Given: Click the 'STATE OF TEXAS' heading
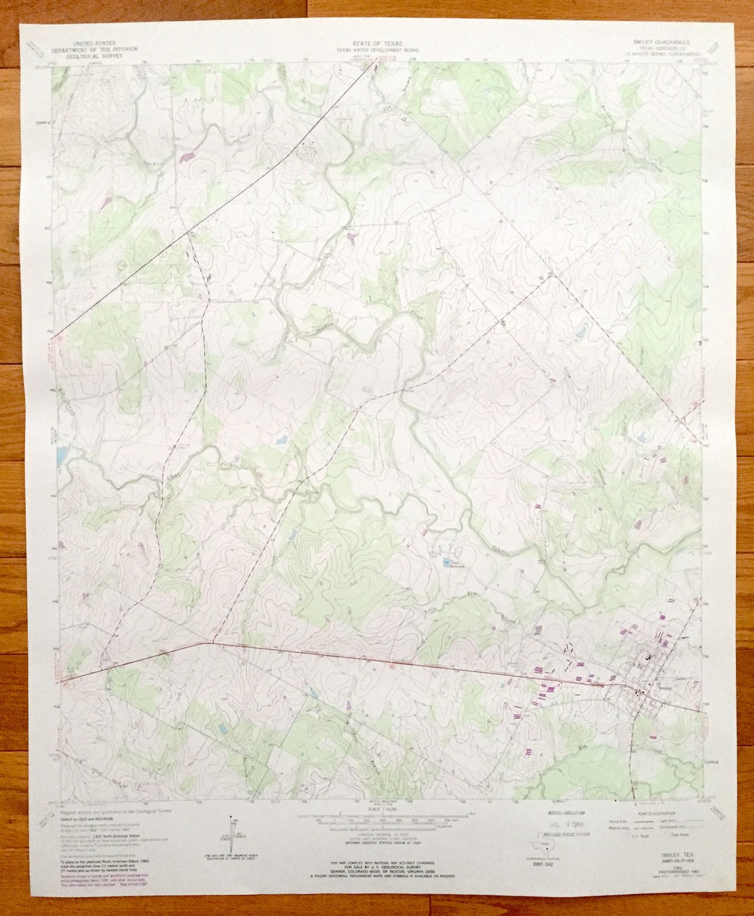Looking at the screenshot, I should (377, 43).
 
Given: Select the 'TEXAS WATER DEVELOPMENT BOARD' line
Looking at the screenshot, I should (377, 50).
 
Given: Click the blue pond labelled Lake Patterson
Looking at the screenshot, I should (445, 561).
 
